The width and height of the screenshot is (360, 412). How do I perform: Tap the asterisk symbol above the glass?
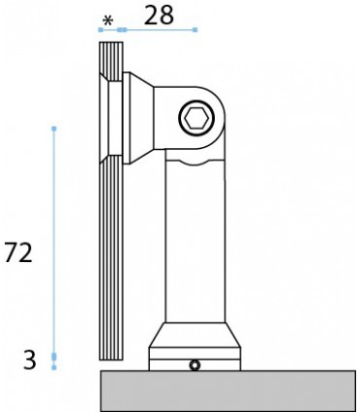[x=108, y=19]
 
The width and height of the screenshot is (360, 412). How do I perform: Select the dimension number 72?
[x=19, y=252]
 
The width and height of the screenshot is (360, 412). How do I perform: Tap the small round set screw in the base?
[x=196, y=365]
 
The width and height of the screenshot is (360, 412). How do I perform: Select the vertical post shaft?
[x=198, y=243]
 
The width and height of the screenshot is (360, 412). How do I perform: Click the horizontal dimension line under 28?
[x=157, y=30]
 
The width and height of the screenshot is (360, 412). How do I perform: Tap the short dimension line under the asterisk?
[x=109, y=30]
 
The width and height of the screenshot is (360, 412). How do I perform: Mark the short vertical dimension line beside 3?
[x=54, y=361]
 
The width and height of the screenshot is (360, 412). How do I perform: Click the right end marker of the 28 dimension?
[x=195, y=30]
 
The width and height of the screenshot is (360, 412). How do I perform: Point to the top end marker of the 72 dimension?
[x=54, y=128]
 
